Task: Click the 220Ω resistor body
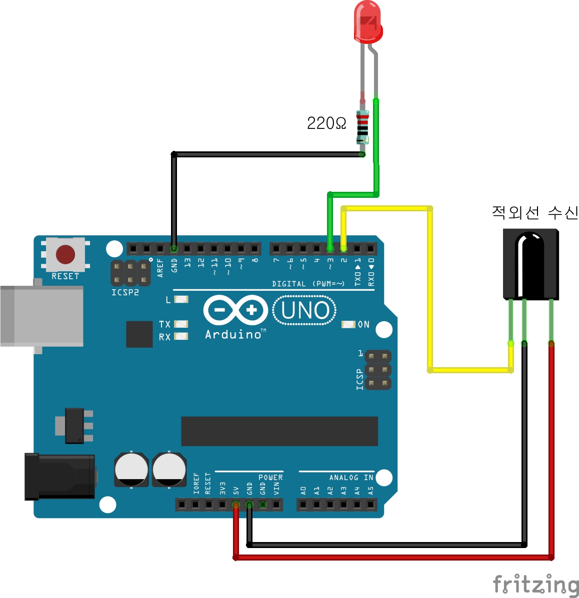pos(362,127)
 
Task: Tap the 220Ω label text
pos(326,123)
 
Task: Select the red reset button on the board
pos(65,254)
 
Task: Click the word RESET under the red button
pos(65,276)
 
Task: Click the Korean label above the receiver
pos(534,213)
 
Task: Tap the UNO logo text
pos(305,310)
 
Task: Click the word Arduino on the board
pos(233,334)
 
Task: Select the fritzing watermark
pos(535,584)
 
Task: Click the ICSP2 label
pos(125,292)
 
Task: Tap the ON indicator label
pos(363,324)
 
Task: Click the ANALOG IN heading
pos(351,478)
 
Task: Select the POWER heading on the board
pos(270,478)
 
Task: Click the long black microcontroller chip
pos(279,431)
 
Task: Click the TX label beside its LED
pos(164,324)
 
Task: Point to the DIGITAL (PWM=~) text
pos(308,284)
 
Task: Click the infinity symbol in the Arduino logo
pos(235,310)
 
